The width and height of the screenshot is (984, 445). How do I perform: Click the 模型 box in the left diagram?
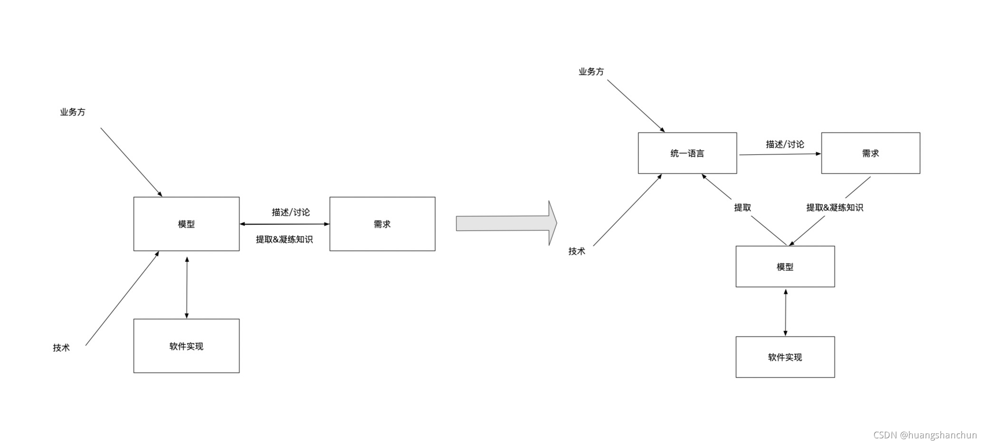(186, 224)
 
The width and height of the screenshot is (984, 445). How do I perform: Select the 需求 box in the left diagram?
(382, 224)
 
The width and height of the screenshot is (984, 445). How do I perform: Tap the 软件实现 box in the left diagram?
(186, 346)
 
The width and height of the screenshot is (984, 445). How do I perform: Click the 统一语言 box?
(687, 153)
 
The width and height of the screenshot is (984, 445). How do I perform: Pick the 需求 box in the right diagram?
(870, 153)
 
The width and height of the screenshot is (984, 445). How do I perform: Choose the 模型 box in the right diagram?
(785, 267)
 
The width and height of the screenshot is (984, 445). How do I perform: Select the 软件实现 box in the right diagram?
(785, 357)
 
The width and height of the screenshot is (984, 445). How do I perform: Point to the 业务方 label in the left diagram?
(73, 112)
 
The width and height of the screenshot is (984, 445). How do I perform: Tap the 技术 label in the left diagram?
(61, 348)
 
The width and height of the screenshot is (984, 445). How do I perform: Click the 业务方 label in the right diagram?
(591, 72)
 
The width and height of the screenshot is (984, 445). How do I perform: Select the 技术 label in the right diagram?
(577, 251)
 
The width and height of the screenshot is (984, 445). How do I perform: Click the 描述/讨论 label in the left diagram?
(290, 212)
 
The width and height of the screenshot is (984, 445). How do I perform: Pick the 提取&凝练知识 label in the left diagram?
(284, 239)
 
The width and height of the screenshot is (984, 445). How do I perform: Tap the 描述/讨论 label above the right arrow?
(785, 144)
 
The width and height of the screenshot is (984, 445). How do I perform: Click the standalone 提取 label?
(742, 207)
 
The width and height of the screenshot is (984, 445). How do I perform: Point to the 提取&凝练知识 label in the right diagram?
(834, 207)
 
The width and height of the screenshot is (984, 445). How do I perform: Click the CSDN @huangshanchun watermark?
(925, 435)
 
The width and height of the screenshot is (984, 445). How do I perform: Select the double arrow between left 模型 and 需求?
(284, 224)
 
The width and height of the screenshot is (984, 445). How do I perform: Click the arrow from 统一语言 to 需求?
(780, 154)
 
